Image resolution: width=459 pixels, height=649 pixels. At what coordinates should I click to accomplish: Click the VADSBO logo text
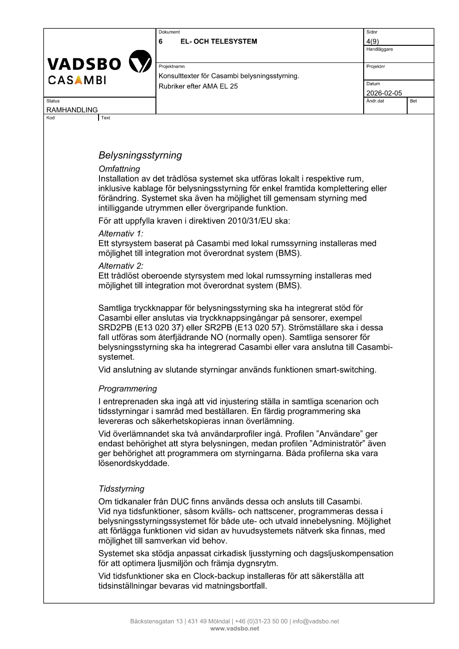(84, 63)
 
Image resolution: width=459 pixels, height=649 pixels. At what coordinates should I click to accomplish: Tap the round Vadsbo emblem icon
(140, 62)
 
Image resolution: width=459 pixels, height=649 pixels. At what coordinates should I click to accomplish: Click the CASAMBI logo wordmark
(77, 80)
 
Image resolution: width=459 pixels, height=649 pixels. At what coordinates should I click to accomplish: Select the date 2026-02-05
(384, 93)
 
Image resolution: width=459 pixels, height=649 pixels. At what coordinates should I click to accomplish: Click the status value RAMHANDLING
(72, 110)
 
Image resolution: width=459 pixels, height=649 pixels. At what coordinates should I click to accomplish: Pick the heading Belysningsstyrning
(140, 155)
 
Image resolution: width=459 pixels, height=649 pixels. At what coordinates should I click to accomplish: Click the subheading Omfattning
(119, 169)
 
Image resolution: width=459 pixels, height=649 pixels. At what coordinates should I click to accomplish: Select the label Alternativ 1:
(121, 234)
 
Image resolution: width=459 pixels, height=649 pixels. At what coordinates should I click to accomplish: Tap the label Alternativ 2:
(121, 266)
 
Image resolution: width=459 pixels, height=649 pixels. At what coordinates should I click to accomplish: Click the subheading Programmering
(128, 389)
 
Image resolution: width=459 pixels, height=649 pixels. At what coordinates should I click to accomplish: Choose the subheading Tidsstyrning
(121, 488)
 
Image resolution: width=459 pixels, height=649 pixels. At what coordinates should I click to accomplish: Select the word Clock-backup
(219, 576)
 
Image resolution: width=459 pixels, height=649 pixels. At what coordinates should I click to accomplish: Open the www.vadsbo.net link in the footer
(235, 628)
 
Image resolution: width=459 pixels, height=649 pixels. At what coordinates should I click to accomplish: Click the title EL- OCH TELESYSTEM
(218, 41)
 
